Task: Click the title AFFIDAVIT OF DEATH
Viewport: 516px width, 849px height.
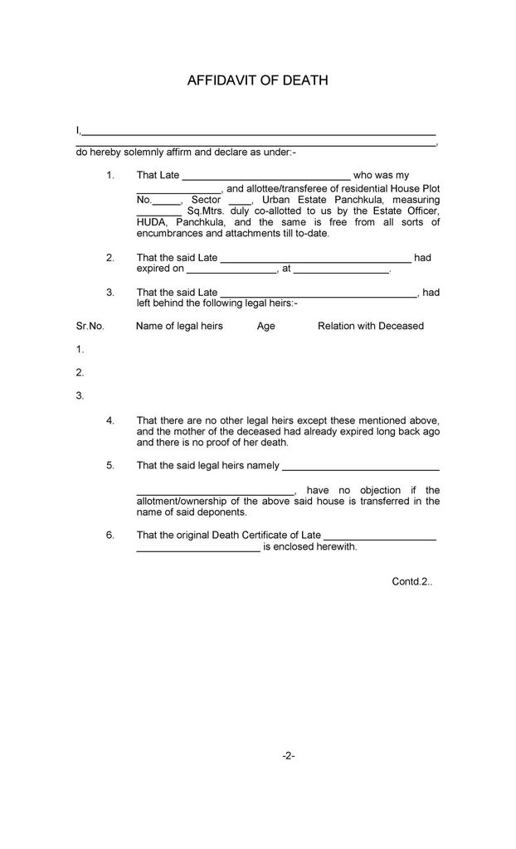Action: pyautogui.click(x=258, y=80)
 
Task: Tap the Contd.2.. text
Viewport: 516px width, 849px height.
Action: pyautogui.click(x=411, y=581)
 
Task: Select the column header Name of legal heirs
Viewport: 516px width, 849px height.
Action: pyautogui.click(x=179, y=326)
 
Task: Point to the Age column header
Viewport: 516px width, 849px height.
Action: pyautogui.click(x=265, y=326)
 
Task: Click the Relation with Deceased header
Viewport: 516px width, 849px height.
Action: pyautogui.click(x=370, y=326)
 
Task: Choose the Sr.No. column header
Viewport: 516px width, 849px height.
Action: pyautogui.click(x=90, y=326)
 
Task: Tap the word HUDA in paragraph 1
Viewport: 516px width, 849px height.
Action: pyautogui.click(x=152, y=222)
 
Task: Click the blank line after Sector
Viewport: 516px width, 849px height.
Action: pyautogui.click(x=239, y=201)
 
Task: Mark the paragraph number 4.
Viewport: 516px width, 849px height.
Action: pyautogui.click(x=110, y=420)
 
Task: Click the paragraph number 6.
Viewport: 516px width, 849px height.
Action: pyautogui.click(x=110, y=535)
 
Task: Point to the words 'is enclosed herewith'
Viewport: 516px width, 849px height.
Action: pyautogui.click(x=310, y=546)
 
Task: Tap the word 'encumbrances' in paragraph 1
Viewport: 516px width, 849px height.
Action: pyautogui.click(x=168, y=234)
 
